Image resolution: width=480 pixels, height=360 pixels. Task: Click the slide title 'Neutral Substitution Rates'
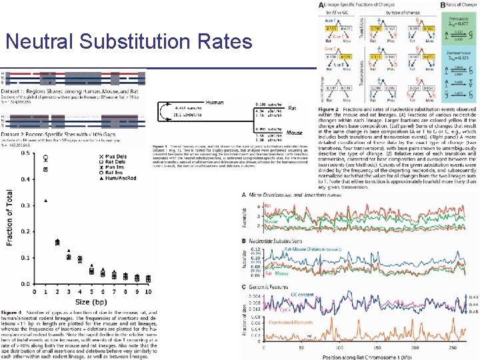[128, 41]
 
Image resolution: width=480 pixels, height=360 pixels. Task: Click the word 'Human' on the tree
[215, 102]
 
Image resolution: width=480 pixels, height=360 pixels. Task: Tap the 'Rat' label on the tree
[274, 110]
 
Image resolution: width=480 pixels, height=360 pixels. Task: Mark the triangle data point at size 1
[45, 200]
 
